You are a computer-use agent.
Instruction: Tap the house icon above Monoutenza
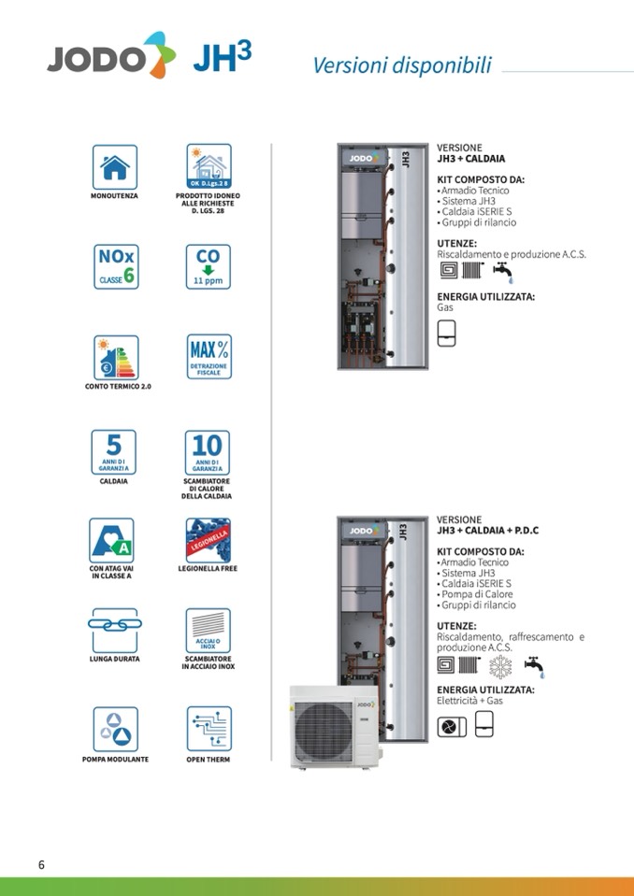[114, 167]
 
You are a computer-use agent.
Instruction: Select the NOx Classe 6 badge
[114, 267]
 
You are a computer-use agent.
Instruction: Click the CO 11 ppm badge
[208, 267]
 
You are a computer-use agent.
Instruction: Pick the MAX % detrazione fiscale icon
[209, 357]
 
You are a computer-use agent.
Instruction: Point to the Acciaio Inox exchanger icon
[208, 631]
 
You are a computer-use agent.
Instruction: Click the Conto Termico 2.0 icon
[114, 357]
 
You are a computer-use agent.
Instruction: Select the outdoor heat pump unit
[333, 727]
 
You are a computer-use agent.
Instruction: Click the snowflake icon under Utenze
[501, 666]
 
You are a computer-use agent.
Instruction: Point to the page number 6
[41, 863]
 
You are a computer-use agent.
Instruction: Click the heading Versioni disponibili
[401, 65]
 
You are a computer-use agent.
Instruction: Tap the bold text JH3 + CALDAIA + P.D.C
[487, 531]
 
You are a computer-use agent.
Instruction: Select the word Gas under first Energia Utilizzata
[445, 306]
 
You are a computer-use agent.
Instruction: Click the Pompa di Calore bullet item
[477, 594]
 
